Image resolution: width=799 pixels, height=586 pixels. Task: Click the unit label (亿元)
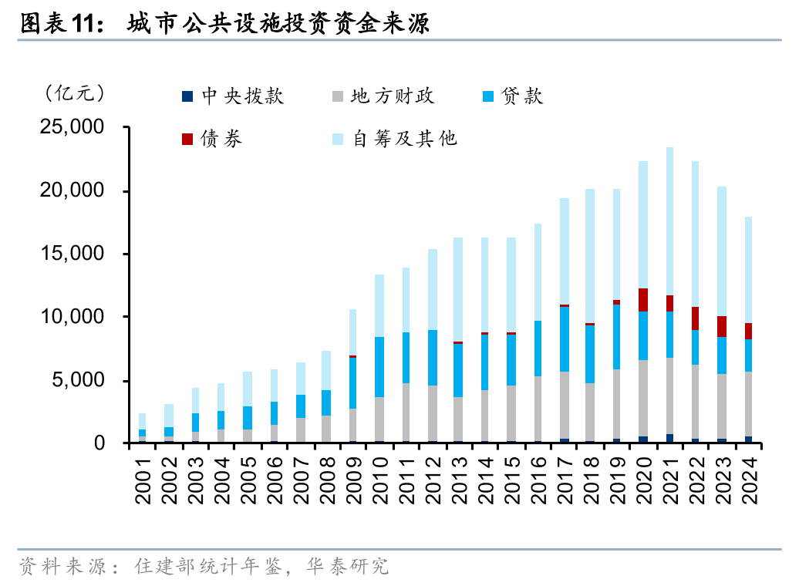tap(75, 93)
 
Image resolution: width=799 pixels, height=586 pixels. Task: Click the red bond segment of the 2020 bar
tap(643, 300)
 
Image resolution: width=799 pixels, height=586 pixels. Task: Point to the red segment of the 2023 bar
tap(722, 327)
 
